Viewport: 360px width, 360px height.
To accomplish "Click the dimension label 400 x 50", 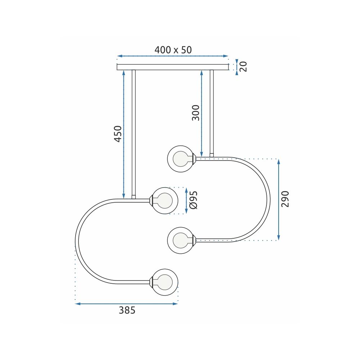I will (x=173, y=50).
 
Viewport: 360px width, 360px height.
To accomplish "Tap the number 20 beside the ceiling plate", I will (x=244, y=66).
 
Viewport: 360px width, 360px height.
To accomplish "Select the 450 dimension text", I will (x=118, y=134).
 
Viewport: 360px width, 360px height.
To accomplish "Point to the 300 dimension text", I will (x=195, y=113).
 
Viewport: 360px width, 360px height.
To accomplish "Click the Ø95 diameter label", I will (x=193, y=200).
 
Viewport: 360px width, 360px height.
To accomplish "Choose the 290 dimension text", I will (x=285, y=199).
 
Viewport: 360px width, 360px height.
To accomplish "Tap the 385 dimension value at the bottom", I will (x=127, y=310).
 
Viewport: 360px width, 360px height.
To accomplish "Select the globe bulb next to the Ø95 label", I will (x=165, y=201).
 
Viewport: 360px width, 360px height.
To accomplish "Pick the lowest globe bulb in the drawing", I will (x=165, y=282).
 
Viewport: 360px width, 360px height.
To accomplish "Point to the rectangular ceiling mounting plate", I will (x=173, y=67).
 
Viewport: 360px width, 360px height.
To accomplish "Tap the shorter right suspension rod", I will (x=212, y=112).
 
